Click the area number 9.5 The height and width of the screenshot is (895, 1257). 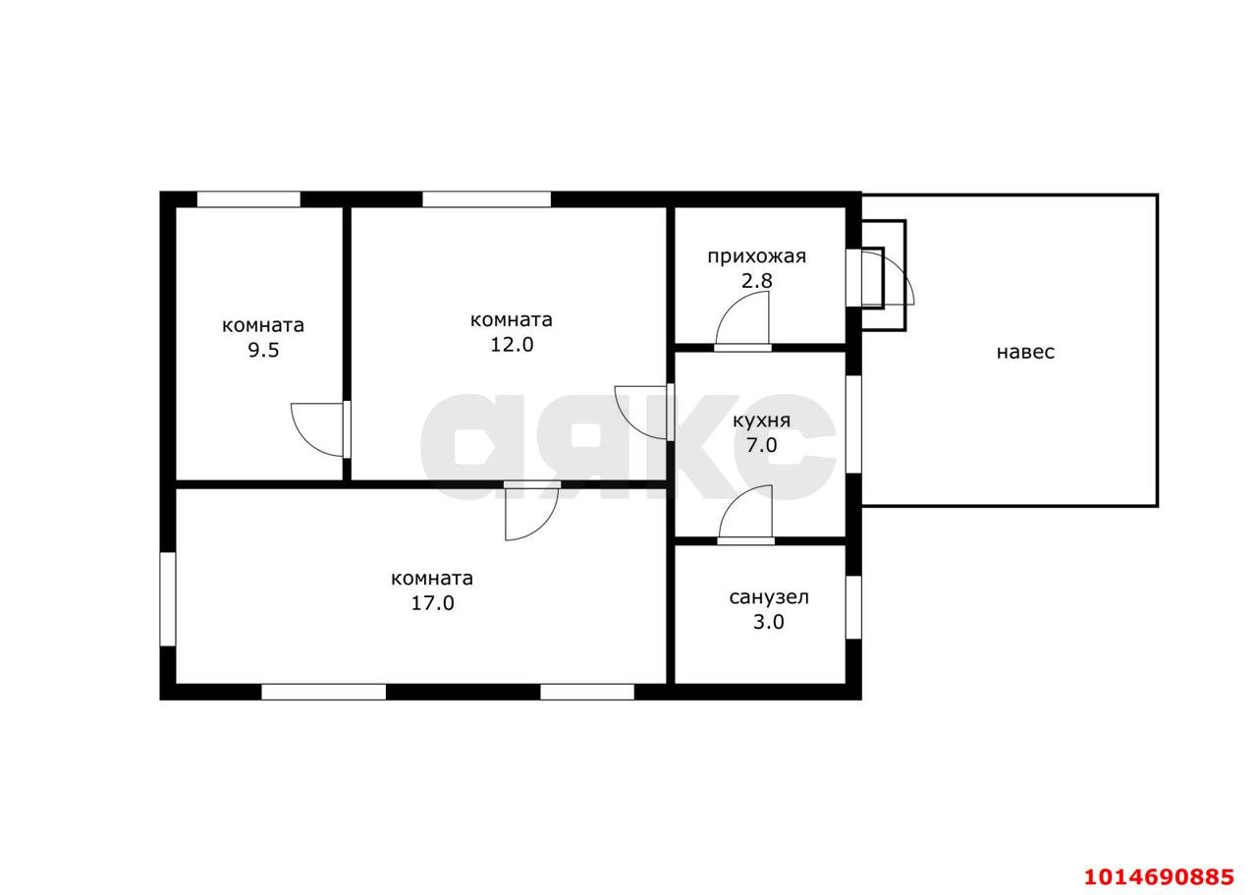[263, 351]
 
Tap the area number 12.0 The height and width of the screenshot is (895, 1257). [512, 345]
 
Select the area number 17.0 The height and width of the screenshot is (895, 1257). [433, 603]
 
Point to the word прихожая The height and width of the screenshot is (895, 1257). [756, 257]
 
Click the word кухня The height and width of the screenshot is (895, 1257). [761, 421]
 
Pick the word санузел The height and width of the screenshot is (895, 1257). [769, 597]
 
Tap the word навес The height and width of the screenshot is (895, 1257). [1025, 353]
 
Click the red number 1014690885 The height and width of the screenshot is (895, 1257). [1159, 876]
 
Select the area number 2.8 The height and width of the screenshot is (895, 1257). [756, 281]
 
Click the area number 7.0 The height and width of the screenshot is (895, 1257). [761, 445]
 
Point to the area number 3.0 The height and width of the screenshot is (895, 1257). [769, 622]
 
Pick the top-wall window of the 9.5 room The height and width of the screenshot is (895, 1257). [248, 199]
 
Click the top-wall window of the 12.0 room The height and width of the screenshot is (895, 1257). [486, 199]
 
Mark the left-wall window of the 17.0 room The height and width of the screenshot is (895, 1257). [168, 599]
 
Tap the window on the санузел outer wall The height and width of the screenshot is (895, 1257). [853, 607]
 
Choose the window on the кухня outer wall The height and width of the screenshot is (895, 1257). [853, 423]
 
